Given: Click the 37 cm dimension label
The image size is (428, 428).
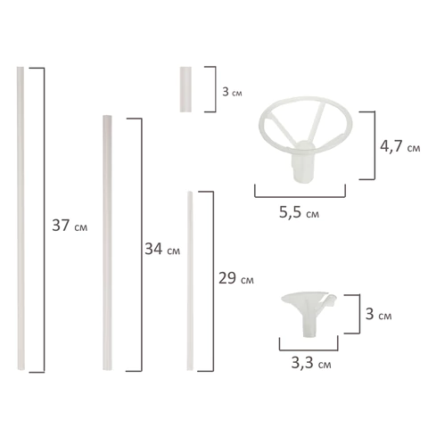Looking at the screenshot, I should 70,226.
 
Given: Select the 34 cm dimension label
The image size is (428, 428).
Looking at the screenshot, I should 161,251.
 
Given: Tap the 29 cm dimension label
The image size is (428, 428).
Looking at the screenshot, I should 234,277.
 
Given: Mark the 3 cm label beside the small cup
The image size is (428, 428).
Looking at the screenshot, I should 378,316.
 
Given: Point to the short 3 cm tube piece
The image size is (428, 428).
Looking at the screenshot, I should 185,88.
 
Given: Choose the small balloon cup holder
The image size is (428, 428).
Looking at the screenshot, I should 309,311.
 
